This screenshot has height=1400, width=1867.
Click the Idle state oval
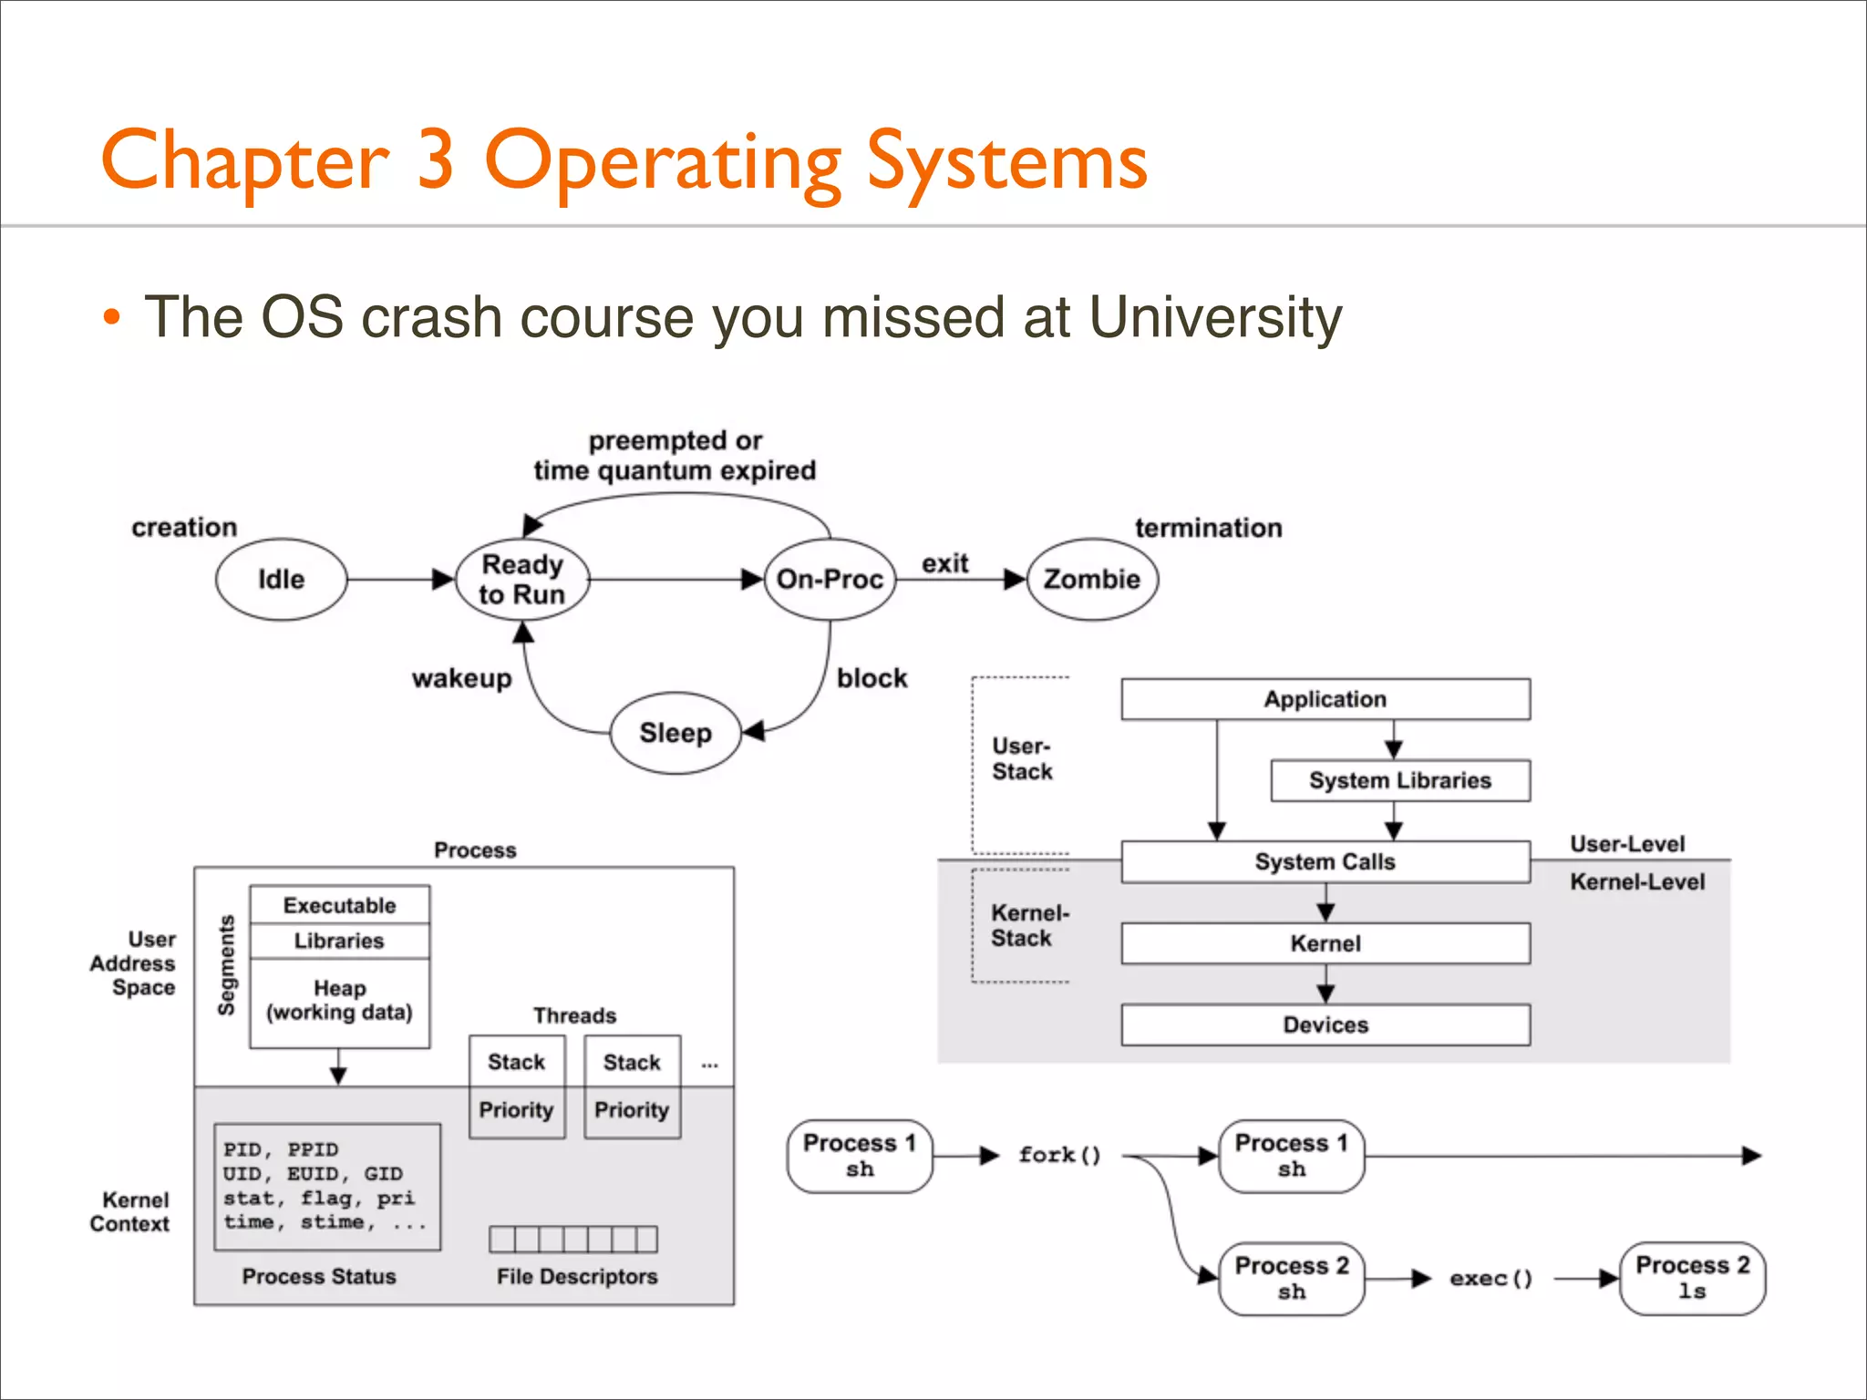[281, 580]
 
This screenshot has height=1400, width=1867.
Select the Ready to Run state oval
[521, 580]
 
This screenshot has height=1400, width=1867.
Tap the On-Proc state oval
[830, 580]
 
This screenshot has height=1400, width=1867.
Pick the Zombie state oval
[1091, 580]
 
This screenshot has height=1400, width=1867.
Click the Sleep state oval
[675, 733]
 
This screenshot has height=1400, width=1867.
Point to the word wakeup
[461, 679]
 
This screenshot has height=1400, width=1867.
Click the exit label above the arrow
[944, 564]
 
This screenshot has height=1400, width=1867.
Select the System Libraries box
[1399, 781]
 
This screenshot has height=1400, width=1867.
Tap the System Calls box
[1325, 862]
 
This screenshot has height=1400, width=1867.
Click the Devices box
[1325, 1025]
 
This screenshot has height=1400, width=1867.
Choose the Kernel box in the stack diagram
[1325, 944]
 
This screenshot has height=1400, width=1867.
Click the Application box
[1325, 700]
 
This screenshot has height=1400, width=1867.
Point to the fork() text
[1059, 1156]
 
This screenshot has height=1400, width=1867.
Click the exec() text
[1491, 1279]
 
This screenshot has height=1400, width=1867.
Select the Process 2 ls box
[1692, 1278]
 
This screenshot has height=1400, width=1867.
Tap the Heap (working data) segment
[339, 1002]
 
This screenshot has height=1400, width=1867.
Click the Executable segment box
[339, 905]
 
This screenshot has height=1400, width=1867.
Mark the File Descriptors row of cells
[572, 1240]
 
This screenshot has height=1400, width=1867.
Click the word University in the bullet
[1214, 317]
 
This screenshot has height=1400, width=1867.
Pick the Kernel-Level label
[1636, 882]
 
